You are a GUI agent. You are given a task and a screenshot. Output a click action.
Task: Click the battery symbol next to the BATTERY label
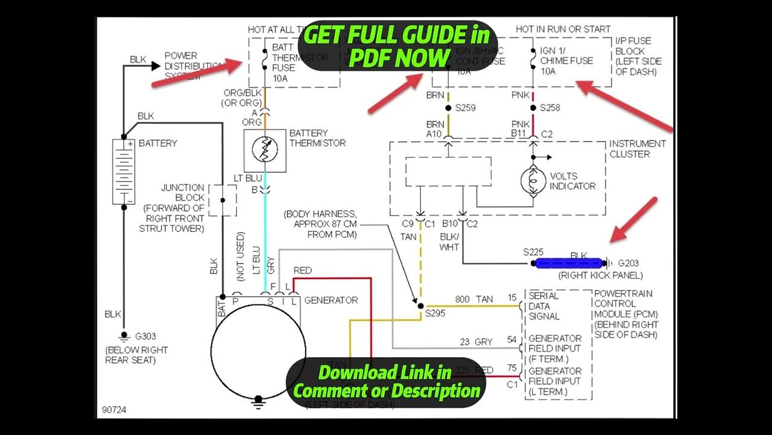pyautogui.click(x=124, y=172)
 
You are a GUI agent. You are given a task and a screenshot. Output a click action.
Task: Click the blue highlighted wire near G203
pyautogui.click(x=569, y=263)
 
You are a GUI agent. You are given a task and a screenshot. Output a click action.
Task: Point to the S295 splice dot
pyautogui.click(x=420, y=306)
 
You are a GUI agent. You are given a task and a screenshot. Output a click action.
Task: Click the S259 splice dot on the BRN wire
pyautogui.click(x=448, y=108)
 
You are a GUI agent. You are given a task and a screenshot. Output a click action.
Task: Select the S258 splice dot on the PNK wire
pyautogui.click(x=533, y=108)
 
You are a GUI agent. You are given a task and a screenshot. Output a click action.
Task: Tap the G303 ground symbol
pyautogui.click(x=124, y=336)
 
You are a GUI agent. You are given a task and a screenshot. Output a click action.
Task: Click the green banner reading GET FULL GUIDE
pyautogui.click(x=397, y=46)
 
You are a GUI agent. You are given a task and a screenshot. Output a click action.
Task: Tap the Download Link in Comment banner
pyautogui.click(x=386, y=381)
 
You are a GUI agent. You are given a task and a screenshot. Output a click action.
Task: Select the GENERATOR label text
pyautogui.click(x=331, y=300)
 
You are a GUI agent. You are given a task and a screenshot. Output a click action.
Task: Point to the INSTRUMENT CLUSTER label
pyautogui.click(x=637, y=149)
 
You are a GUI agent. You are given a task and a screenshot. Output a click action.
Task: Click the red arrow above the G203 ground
pyautogui.click(x=633, y=220)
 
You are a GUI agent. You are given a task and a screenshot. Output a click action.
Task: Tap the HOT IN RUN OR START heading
pyautogui.click(x=563, y=29)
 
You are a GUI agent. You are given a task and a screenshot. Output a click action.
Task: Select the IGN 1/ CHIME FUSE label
pyautogui.click(x=566, y=60)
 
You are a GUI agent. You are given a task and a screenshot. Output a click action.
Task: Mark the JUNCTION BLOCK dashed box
pyautogui.click(x=222, y=201)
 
